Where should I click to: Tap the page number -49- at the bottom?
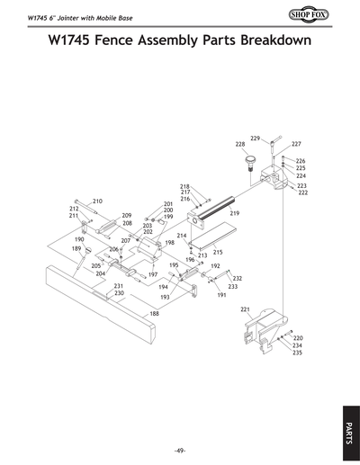coord(179,449)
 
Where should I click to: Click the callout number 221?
coord(244,309)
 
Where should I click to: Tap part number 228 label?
coord(240,144)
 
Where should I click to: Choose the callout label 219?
coord(234,212)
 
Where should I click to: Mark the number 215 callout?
coord(218,253)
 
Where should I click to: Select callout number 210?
coord(97,201)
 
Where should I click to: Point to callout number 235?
coord(297,353)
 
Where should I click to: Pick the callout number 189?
coord(76,248)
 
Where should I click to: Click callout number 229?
coord(255,138)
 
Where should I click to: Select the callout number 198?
coord(169,243)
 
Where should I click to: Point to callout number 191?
coord(221,294)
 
